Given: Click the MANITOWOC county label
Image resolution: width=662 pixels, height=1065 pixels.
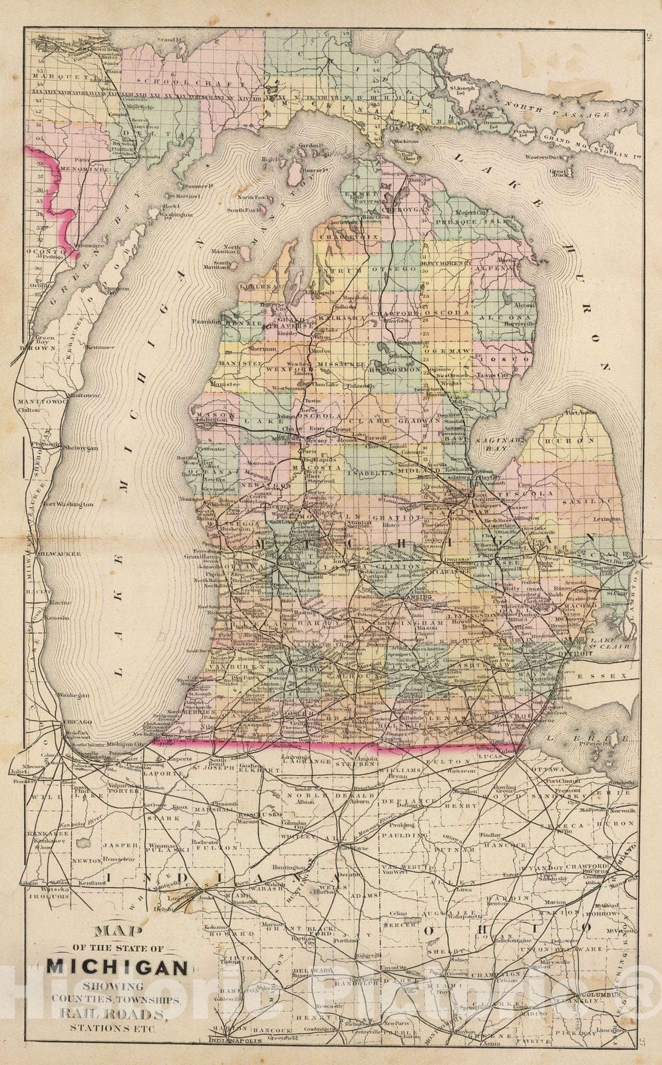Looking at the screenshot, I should (x=40, y=403).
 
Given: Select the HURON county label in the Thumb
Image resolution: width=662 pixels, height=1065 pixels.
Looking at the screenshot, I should (x=578, y=441).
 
